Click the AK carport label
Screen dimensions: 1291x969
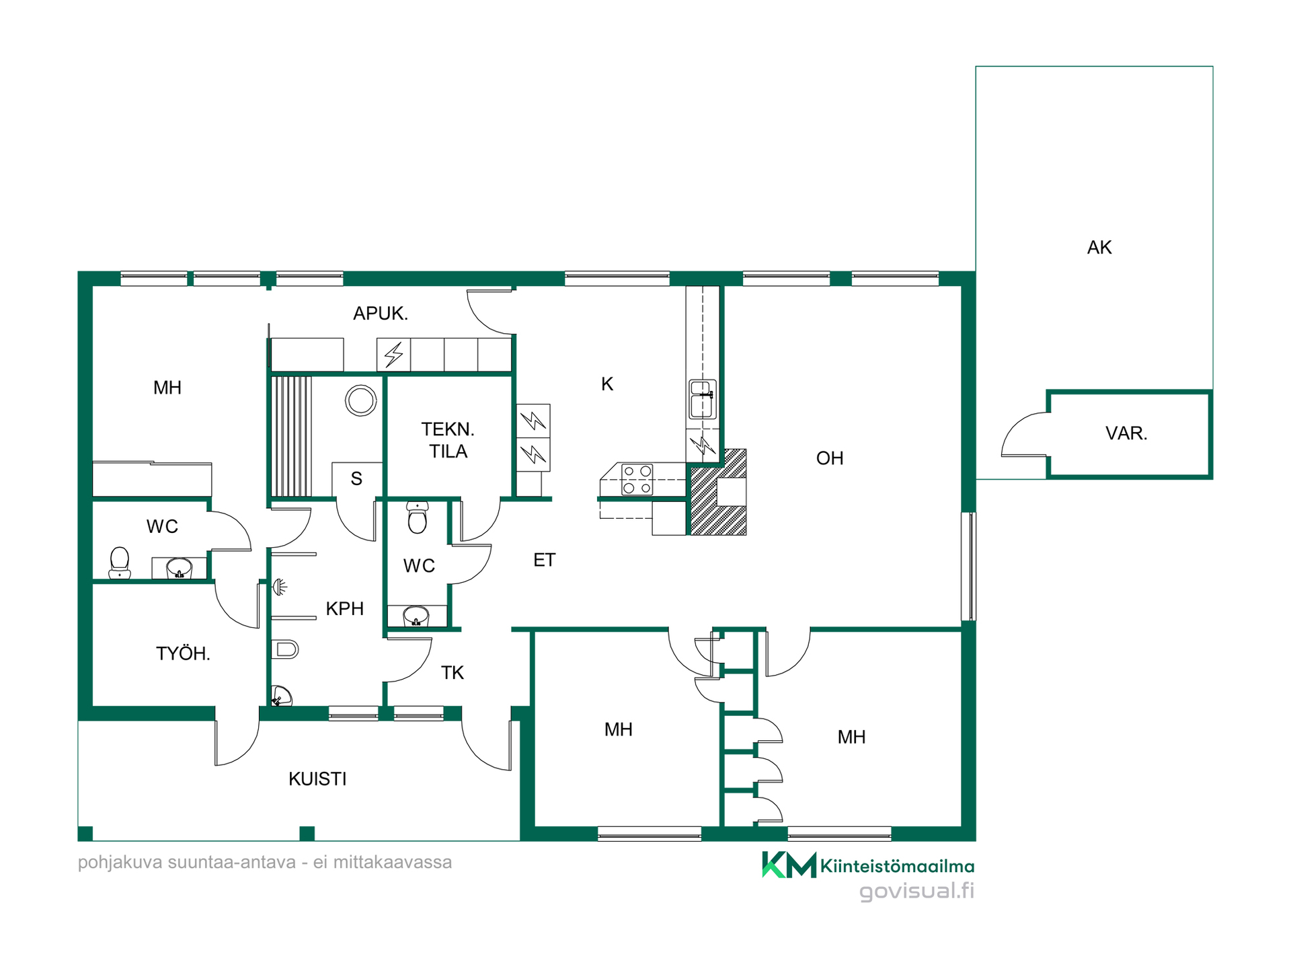pos(1099,248)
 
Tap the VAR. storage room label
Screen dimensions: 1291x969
pos(1126,433)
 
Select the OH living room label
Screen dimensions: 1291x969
pos(830,458)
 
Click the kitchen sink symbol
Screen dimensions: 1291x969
pos(703,399)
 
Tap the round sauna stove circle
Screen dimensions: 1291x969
pos(361,401)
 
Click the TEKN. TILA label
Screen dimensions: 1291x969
pos(448,440)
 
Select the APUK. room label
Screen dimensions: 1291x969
pos(381,314)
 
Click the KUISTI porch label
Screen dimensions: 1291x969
pos(317,779)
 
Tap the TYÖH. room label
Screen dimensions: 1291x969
pos(183,653)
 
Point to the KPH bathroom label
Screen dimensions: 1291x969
pos(345,609)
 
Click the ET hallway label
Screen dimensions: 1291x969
pos(545,560)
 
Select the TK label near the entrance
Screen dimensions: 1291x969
pos(453,673)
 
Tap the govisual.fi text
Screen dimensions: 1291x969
pos(916,891)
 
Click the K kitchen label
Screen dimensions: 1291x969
pos(607,384)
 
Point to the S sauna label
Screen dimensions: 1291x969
pos(356,478)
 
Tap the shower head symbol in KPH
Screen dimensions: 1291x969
pos(280,587)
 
